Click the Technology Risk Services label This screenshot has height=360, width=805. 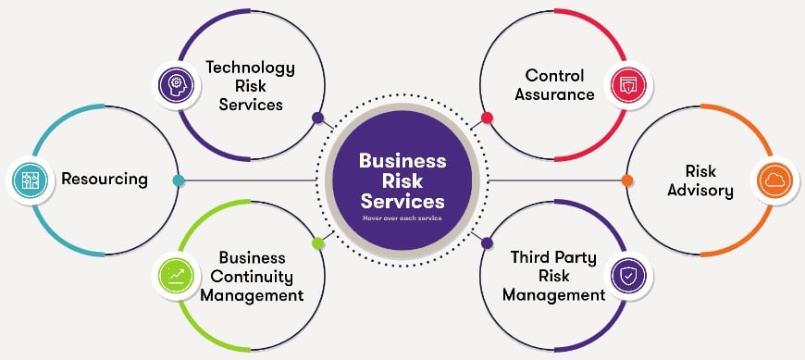[x=250, y=86]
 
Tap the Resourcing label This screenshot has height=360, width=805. [x=105, y=179]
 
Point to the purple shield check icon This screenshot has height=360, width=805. [x=627, y=275]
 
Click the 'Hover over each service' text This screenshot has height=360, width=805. [x=402, y=218]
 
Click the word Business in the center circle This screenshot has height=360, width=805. [x=402, y=159]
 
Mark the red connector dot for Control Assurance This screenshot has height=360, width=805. [x=487, y=118]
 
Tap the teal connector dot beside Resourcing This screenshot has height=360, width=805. [x=178, y=180]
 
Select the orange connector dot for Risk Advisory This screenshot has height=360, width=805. [x=627, y=180]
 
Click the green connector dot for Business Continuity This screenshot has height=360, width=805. [x=317, y=242]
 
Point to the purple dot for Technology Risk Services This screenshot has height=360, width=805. [x=317, y=118]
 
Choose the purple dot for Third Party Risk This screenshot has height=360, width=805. [x=487, y=242]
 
